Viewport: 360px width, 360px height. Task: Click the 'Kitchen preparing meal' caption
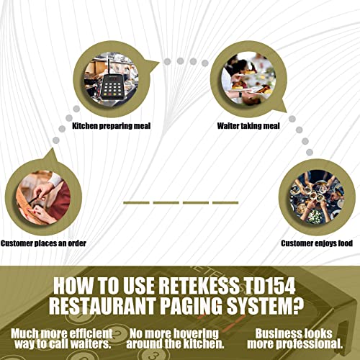(112, 126)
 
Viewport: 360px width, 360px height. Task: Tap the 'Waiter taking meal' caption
(248, 126)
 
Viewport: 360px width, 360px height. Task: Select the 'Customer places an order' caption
(43, 243)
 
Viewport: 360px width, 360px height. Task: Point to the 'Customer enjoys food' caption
(317, 243)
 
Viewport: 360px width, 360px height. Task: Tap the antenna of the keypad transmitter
(109, 66)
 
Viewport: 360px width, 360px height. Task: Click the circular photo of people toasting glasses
(317, 197)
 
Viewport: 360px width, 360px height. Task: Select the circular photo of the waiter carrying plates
(248, 78)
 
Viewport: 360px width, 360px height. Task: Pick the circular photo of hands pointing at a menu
(43, 197)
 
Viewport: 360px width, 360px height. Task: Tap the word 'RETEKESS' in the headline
(199, 286)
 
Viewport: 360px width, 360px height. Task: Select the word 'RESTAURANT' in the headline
(102, 306)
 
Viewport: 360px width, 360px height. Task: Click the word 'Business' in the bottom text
(276, 333)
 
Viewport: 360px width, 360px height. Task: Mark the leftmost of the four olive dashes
(136, 203)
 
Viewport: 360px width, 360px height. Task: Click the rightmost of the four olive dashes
(225, 203)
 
